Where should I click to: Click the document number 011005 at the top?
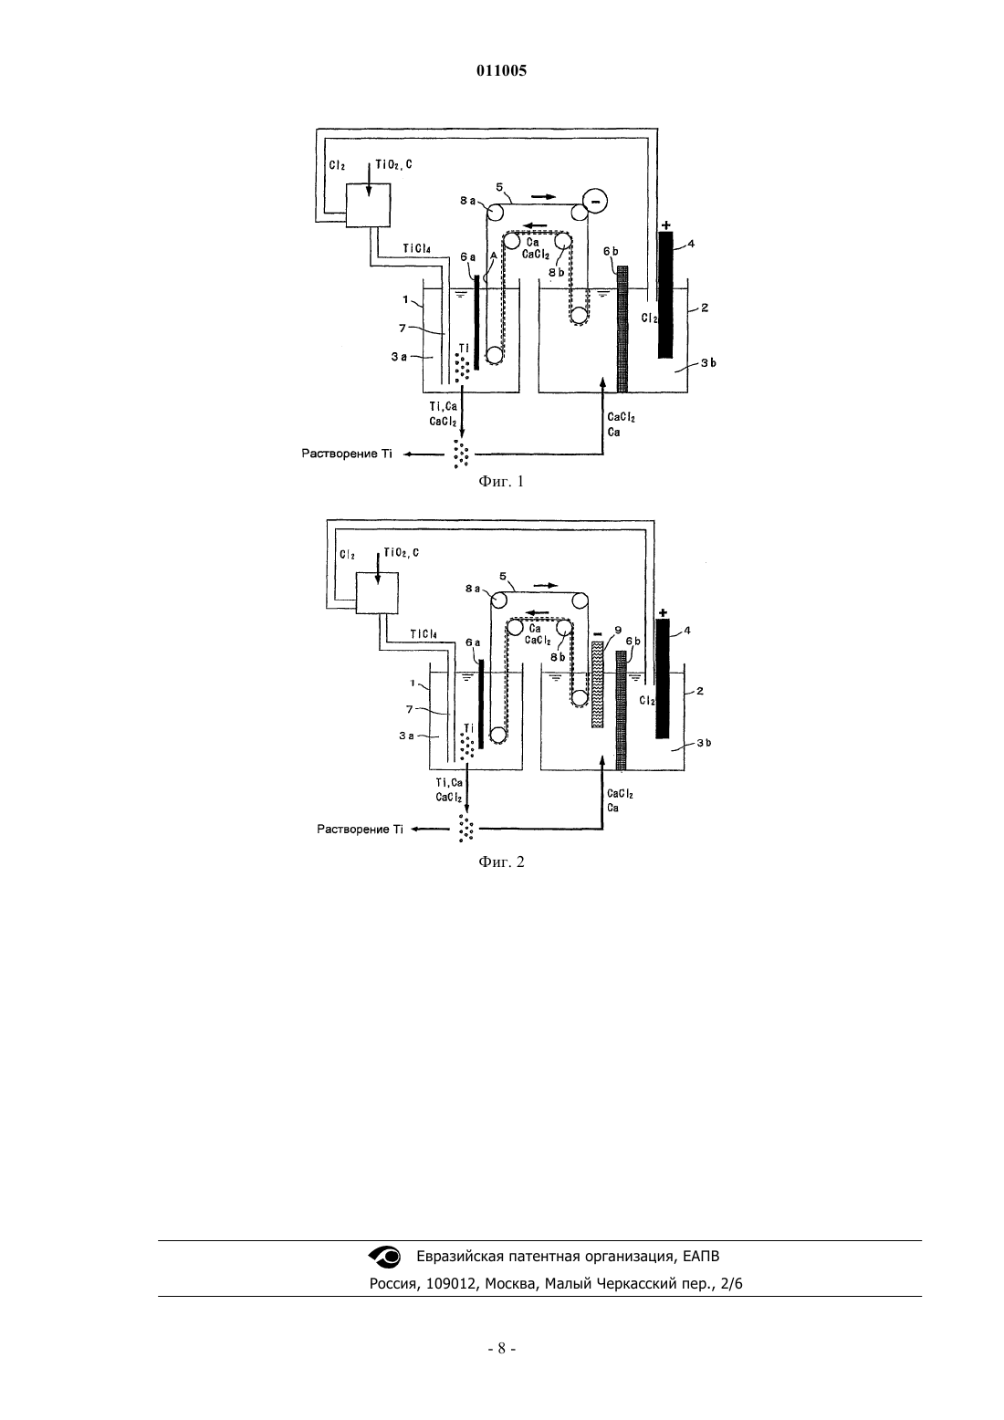(501, 70)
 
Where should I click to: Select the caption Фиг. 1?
(501, 481)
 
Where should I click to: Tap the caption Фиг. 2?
(501, 861)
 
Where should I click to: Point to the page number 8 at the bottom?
(501, 1349)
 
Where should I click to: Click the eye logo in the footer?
(384, 1256)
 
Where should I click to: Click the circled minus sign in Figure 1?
(595, 201)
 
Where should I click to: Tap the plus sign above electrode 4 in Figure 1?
(665, 225)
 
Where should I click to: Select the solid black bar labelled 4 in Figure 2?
(663, 679)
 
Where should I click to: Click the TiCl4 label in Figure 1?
(416, 248)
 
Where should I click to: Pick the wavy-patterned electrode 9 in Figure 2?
(596, 684)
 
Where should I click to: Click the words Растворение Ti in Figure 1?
(347, 454)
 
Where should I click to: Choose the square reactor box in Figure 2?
(377, 592)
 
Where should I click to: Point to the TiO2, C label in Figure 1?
(393, 165)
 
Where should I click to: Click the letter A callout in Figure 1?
(494, 255)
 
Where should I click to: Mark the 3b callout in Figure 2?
(704, 742)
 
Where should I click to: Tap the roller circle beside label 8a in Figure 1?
(495, 212)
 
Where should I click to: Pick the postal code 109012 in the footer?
(451, 1284)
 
